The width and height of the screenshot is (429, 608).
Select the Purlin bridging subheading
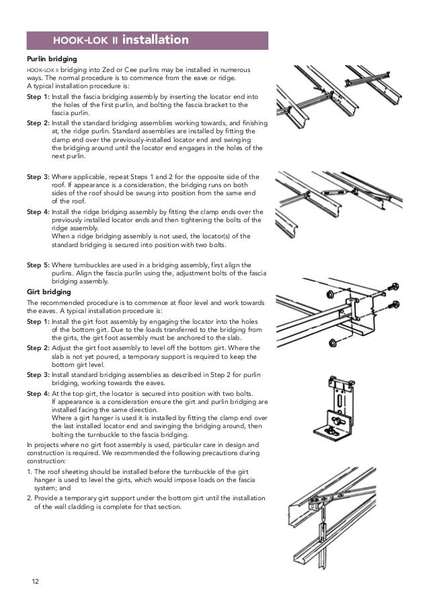coord(50,60)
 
